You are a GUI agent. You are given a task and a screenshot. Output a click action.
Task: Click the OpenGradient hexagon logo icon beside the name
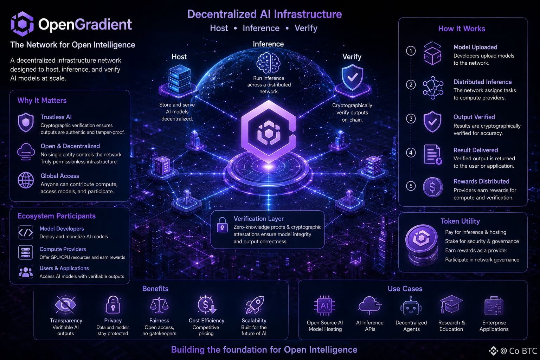pos(22,24)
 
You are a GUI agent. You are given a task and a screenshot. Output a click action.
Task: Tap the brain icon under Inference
pos(268,63)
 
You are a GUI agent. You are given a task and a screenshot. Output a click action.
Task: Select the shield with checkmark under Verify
pos(352,77)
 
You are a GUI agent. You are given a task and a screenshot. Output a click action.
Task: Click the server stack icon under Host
pos(179,79)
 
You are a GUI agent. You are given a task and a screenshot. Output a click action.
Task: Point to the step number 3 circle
pos(411,118)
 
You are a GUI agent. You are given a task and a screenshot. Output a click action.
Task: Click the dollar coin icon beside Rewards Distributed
pos(433,187)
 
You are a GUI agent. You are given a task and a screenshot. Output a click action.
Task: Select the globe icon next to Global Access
pos(26,180)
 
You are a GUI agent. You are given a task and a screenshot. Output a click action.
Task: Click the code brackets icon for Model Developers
pos(26,232)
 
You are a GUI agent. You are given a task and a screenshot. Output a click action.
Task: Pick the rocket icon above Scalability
pos(255,305)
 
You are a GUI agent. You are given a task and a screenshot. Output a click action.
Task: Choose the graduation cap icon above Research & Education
pos(451,304)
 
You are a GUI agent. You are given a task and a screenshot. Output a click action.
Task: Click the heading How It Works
pos(462,29)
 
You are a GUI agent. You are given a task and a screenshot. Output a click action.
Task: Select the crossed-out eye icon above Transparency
pos(65,304)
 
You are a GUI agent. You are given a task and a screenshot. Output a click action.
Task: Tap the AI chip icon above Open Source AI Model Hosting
pos(324,306)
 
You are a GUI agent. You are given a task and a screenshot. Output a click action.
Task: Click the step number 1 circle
pos(411,51)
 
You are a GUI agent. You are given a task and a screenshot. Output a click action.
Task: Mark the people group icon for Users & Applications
pos(26,272)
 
